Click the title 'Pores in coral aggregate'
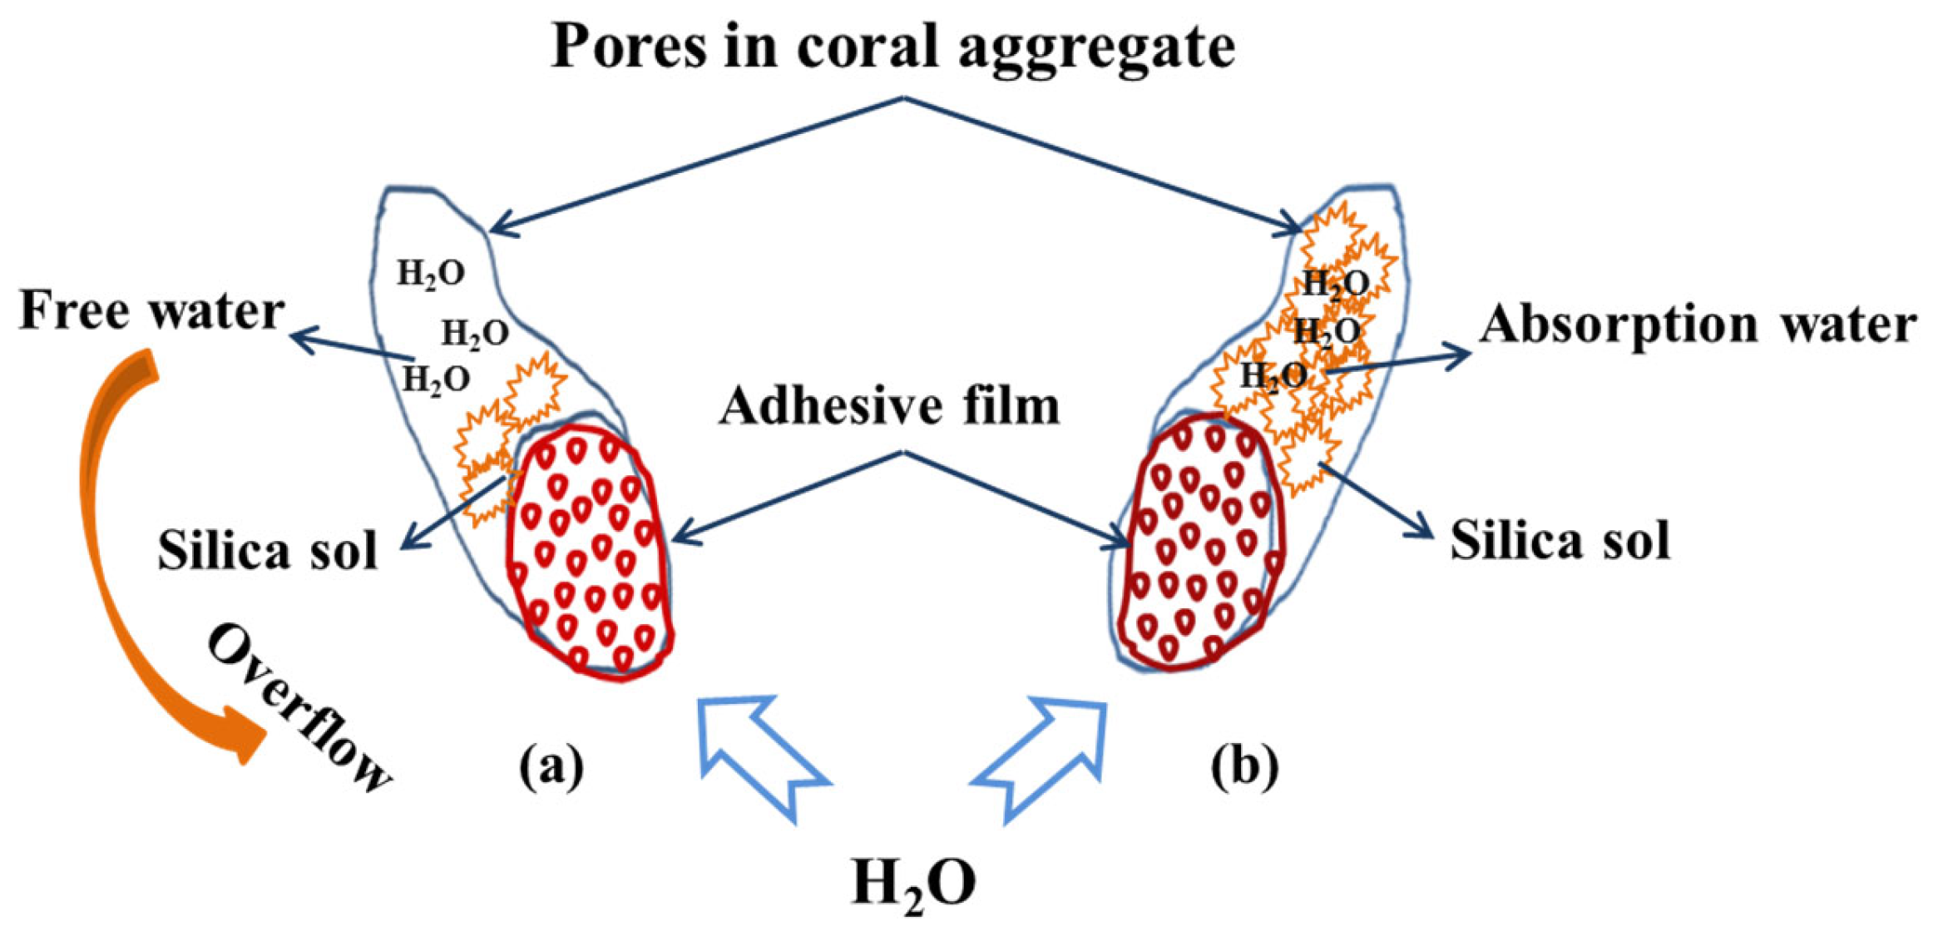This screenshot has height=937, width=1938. (x=892, y=47)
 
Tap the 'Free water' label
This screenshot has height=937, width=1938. (x=152, y=311)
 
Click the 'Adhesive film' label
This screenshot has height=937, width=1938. (x=889, y=407)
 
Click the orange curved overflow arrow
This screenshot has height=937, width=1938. (x=108, y=541)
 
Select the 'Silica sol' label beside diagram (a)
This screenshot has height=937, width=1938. (x=268, y=550)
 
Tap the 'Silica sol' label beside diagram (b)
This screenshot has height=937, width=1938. (x=1560, y=542)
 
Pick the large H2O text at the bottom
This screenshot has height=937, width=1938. (x=913, y=884)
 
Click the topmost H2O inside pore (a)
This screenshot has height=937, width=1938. (x=430, y=274)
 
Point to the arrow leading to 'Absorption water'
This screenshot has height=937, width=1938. (x=1397, y=361)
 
